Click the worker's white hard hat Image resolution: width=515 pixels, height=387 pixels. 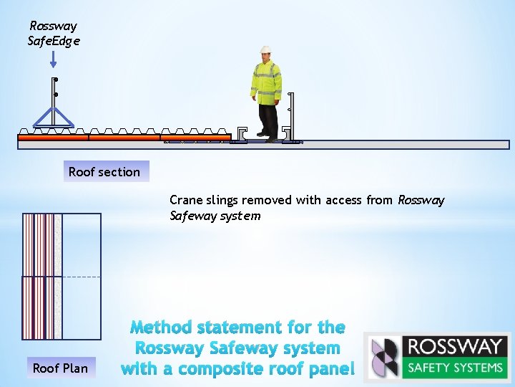click(x=266, y=50)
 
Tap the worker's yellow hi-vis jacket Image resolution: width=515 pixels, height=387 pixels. click(x=265, y=82)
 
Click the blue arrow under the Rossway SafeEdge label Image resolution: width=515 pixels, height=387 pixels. click(x=54, y=59)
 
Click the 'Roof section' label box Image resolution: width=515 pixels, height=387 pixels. click(x=105, y=172)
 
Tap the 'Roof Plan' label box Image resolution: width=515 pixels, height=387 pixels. click(x=60, y=368)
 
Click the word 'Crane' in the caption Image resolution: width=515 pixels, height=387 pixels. click(x=185, y=200)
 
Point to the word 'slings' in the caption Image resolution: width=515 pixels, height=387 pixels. click(x=222, y=200)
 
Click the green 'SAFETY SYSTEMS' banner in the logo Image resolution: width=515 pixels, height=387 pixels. click(x=455, y=368)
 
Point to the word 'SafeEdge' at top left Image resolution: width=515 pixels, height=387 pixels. click(x=54, y=41)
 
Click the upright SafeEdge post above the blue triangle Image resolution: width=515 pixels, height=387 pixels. click(x=54, y=90)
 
